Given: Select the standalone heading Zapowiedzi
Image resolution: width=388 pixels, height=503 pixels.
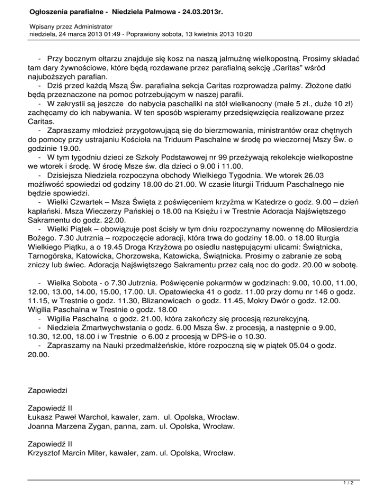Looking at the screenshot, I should click(x=48, y=390).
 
